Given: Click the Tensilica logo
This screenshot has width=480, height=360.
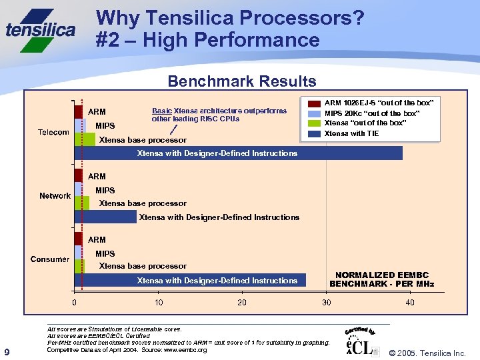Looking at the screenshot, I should [41, 29].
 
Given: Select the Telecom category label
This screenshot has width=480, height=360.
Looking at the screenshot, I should [53, 132].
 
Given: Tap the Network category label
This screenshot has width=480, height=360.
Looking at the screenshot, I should [55, 196].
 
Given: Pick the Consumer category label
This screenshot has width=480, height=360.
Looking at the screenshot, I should [50, 259].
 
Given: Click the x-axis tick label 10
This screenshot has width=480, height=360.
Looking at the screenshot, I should [159, 303].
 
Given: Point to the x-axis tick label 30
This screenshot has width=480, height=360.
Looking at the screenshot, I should [327, 303].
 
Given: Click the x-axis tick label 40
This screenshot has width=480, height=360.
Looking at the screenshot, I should [410, 303].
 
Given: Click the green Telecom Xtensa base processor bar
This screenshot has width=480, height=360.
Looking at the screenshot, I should [85, 139].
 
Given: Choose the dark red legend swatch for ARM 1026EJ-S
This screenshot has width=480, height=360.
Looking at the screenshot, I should [314, 103].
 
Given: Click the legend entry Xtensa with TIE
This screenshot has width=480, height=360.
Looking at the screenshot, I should [351, 133].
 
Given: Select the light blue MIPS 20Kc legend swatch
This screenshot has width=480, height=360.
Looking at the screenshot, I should [314, 113].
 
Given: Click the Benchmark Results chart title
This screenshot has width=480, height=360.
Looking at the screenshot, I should [242, 82].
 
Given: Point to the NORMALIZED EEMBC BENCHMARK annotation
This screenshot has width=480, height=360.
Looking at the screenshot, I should [381, 279].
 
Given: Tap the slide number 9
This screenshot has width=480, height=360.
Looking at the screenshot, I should [7, 352].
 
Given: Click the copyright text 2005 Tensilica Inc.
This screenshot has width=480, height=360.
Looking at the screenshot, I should [427, 353].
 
